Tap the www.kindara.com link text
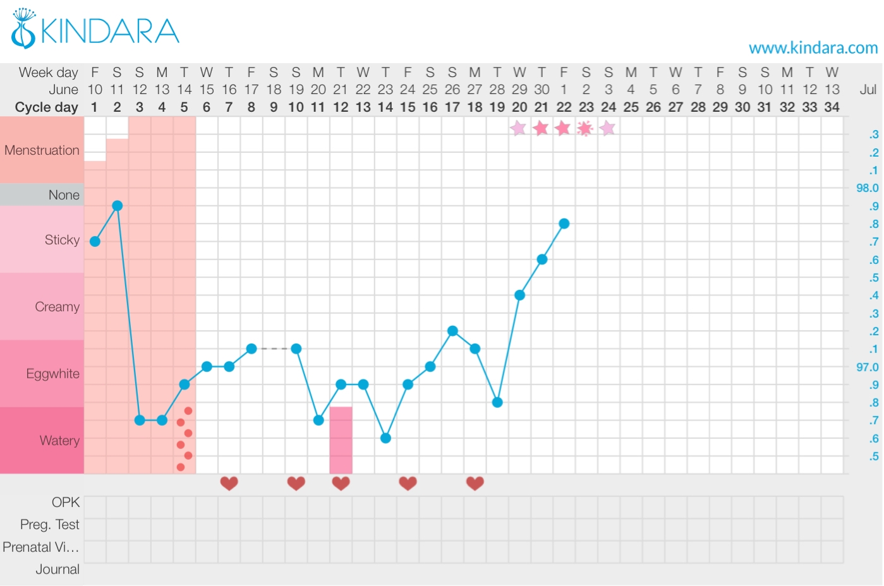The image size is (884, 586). (813, 48)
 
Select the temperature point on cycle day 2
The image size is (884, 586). (117, 206)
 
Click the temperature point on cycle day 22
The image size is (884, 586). (564, 224)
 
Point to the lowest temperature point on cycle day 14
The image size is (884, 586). (385, 438)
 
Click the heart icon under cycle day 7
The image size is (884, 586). (229, 484)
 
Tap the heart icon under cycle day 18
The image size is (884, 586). (475, 484)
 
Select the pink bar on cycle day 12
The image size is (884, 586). (341, 440)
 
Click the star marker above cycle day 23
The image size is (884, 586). (586, 129)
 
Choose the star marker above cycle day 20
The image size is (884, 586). (518, 129)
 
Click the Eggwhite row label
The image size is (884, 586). (53, 374)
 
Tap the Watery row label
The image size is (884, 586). (59, 441)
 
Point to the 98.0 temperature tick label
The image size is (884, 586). (867, 188)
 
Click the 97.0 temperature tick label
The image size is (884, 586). (867, 367)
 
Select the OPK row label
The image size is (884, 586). (66, 503)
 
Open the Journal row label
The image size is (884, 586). (58, 570)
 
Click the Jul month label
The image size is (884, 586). (868, 90)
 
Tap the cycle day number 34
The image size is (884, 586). (832, 107)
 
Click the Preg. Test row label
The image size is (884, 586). (50, 525)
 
